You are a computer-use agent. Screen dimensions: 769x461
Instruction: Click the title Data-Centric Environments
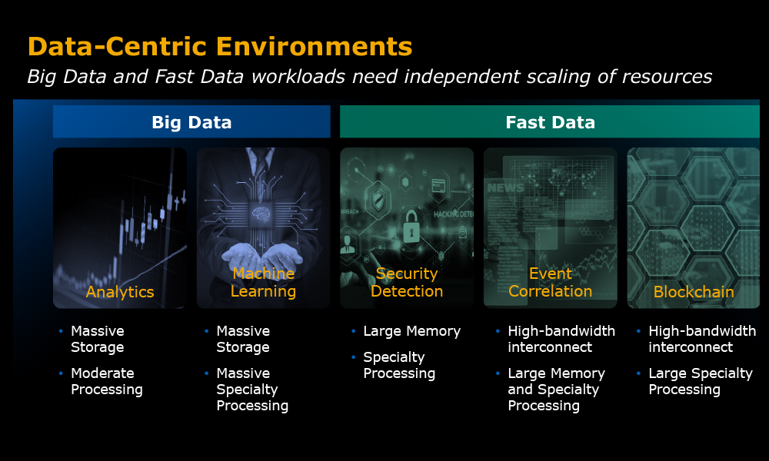[220, 47]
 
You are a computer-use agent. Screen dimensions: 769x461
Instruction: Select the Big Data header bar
[191, 121]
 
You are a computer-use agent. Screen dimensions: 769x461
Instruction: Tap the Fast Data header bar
[550, 121]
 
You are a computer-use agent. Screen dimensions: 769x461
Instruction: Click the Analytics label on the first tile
[120, 291]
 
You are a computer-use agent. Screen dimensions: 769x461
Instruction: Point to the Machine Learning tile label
[263, 282]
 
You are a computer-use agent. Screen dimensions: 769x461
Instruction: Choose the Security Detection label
[407, 282]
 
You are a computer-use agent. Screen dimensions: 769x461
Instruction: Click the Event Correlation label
[551, 282]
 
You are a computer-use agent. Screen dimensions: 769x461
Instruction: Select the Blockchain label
[694, 292]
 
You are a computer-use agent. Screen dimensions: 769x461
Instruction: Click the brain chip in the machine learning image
[261, 214]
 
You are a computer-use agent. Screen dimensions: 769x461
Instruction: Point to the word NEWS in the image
[505, 187]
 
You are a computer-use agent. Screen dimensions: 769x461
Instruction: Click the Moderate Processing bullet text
[107, 381]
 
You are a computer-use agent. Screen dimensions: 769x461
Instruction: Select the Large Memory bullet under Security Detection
[412, 331]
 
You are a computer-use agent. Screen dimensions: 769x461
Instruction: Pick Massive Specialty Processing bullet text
[252, 390]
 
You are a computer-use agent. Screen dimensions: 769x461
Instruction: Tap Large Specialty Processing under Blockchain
[701, 381]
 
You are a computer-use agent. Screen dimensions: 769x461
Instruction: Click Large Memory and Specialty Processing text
[557, 390]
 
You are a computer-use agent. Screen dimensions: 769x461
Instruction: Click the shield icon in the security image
[378, 200]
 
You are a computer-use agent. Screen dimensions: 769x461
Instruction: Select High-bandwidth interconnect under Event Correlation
[561, 339]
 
